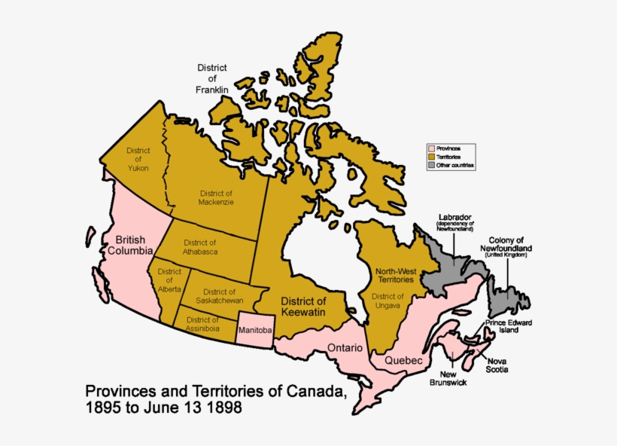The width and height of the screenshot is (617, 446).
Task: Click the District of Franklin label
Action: tap(212, 78)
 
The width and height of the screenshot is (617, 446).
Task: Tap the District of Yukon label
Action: tap(138, 159)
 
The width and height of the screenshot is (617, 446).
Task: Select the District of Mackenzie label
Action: tap(216, 197)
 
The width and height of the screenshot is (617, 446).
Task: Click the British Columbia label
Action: tap(129, 246)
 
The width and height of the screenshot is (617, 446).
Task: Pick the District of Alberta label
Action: tap(169, 280)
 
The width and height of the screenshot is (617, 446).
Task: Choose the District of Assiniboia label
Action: tap(199, 324)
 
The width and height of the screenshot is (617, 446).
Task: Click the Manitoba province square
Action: tap(254, 331)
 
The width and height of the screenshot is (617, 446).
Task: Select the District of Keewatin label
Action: tap(303, 306)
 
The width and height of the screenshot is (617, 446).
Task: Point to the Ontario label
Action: tap(345, 348)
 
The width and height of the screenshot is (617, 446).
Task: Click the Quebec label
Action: tap(403, 360)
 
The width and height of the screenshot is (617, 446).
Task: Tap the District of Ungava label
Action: tap(388, 301)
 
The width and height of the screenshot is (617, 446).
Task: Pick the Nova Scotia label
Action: tap(496, 365)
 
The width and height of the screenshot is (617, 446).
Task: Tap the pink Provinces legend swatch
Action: tap(432, 148)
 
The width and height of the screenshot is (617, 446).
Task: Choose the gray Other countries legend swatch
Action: tap(432, 165)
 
